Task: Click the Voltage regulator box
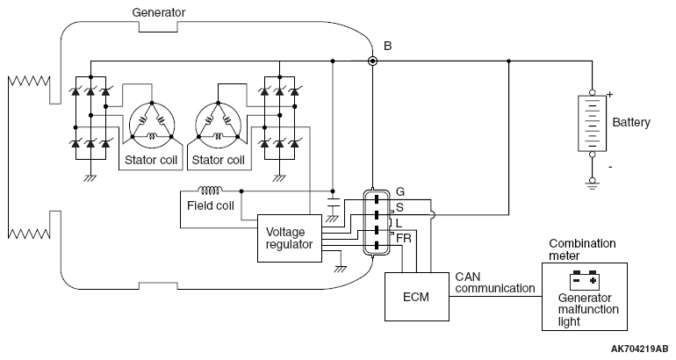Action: coord(289,238)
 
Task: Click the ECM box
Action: coord(417,297)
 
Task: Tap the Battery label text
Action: coord(631,122)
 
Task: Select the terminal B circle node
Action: coord(373,61)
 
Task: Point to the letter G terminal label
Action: coord(400,191)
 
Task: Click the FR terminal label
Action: coord(404,237)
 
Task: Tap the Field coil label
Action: coord(211,206)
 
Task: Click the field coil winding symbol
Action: coord(211,190)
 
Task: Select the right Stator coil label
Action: coord(218,160)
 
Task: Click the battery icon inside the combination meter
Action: coord(582,281)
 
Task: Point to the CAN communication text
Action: coord(495,282)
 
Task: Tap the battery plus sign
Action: coord(609,93)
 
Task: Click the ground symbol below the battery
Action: coord(593,184)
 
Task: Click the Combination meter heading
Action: coord(582,249)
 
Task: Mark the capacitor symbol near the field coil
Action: coord(333,203)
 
